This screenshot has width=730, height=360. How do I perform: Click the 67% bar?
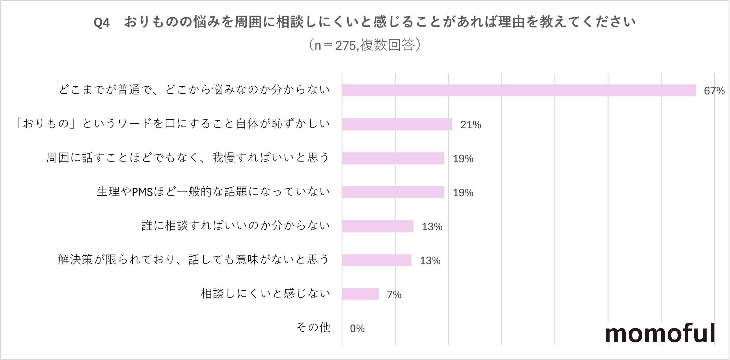(x=519, y=90)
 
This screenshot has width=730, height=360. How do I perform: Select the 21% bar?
(x=397, y=124)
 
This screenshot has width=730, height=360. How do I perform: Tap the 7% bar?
(x=360, y=294)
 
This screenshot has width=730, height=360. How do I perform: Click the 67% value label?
(x=714, y=91)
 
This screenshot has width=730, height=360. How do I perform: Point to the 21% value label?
(x=470, y=125)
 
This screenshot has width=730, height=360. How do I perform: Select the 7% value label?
(x=394, y=294)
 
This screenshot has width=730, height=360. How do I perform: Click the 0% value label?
(x=357, y=329)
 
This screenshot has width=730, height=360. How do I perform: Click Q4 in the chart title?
(x=102, y=22)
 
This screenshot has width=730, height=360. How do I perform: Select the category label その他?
(x=313, y=328)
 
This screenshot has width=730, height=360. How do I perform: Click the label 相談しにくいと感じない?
(x=265, y=294)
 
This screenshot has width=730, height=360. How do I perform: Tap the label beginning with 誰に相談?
(x=236, y=226)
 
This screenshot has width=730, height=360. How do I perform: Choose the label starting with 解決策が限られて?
(x=193, y=259)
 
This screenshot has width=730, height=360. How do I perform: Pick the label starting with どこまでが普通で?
(x=194, y=90)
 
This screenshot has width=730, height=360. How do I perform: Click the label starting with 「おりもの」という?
(x=172, y=124)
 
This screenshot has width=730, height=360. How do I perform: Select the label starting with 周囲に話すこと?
(x=188, y=158)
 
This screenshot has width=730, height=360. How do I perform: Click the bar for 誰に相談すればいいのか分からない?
(x=378, y=226)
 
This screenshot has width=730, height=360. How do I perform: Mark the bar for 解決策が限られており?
(x=377, y=260)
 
